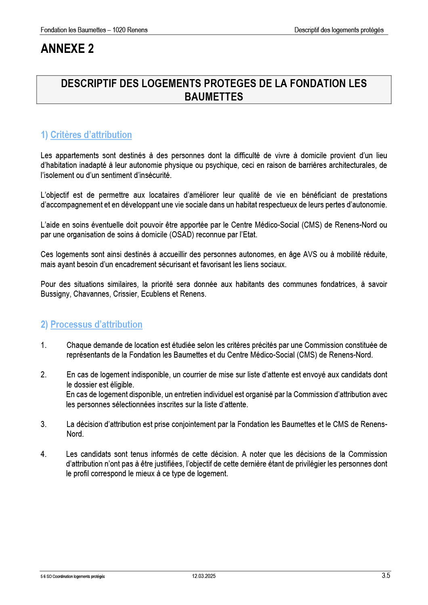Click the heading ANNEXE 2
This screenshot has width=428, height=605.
pos(67,49)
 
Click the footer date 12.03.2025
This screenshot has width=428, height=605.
pos(204,576)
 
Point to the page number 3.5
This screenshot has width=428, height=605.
pos(386,576)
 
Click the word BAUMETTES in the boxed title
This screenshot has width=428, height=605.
pos(214,97)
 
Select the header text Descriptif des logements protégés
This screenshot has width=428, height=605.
pos(339,30)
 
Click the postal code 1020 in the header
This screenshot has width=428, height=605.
pos(119,30)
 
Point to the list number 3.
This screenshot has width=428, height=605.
pos(44,424)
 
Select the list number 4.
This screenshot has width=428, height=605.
pos(44,454)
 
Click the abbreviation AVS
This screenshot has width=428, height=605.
pos(310,254)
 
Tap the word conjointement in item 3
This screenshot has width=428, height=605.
pos(199,424)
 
